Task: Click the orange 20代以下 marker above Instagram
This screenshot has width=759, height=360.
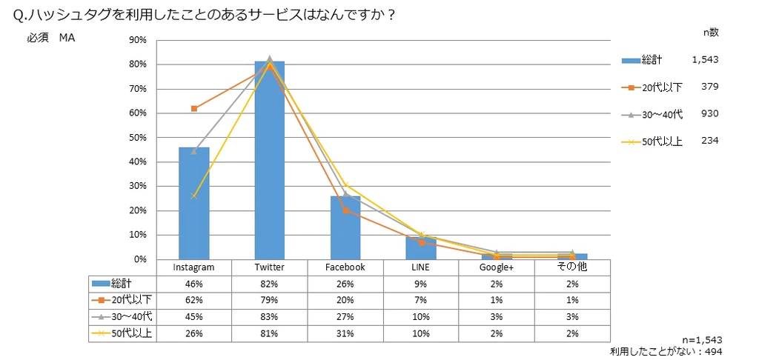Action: (x=194, y=108)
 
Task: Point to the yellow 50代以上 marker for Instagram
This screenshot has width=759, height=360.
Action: (x=194, y=196)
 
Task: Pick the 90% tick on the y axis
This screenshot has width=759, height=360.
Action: (x=138, y=40)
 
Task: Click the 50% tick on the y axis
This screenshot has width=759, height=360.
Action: (x=138, y=138)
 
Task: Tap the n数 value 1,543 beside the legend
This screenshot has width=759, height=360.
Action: (x=705, y=59)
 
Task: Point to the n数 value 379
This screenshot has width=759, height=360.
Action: (x=709, y=87)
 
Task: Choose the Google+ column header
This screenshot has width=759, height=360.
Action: (x=497, y=267)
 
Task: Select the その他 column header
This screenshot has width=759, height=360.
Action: (x=571, y=267)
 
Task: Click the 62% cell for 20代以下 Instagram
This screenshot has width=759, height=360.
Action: (x=193, y=300)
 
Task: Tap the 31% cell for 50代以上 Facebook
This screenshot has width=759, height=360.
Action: (x=345, y=333)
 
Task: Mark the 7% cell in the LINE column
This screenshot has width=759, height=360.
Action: (x=421, y=300)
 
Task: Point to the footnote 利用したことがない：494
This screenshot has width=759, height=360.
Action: (x=666, y=351)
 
